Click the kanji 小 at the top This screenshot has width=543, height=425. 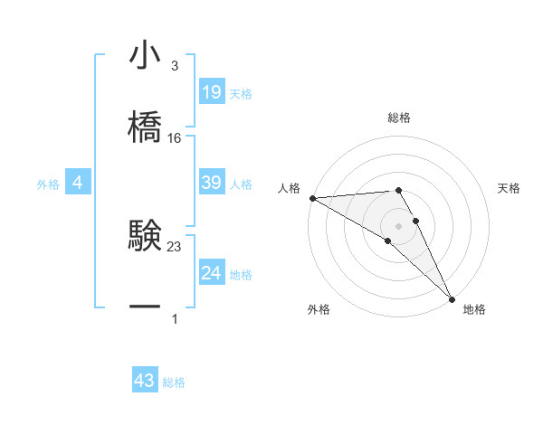(x=145, y=56)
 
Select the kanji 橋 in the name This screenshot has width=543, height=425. (x=145, y=127)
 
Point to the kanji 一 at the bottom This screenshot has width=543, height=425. (x=145, y=307)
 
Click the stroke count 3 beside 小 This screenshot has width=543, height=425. (x=174, y=66)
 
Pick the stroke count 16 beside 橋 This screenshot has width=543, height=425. (x=175, y=137)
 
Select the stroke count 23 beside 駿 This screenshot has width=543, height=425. (x=175, y=245)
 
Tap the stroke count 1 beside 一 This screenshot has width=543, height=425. (x=174, y=318)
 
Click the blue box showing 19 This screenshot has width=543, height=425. (x=212, y=92)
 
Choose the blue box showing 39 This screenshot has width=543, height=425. (x=212, y=183)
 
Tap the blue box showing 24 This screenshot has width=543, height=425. (x=212, y=273)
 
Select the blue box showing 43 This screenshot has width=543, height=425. (x=145, y=382)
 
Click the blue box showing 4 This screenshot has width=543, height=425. (x=78, y=183)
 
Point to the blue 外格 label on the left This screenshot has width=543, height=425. (x=48, y=184)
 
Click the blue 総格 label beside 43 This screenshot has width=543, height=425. (x=174, y=382)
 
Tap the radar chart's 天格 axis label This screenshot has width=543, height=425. (x=510, y=188)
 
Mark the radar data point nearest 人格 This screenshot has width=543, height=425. (x=311, y=198)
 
